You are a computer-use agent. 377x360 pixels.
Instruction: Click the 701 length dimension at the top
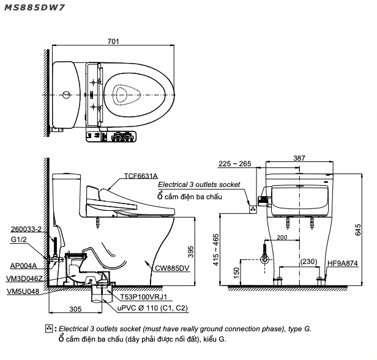(113, 42)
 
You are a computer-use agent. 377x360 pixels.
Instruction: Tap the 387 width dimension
(299, 157)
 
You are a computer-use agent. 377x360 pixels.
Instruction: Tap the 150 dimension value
(236, 271)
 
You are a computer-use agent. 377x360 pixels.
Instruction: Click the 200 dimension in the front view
(282, 237)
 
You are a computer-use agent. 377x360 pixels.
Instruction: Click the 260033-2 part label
(26, 229)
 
